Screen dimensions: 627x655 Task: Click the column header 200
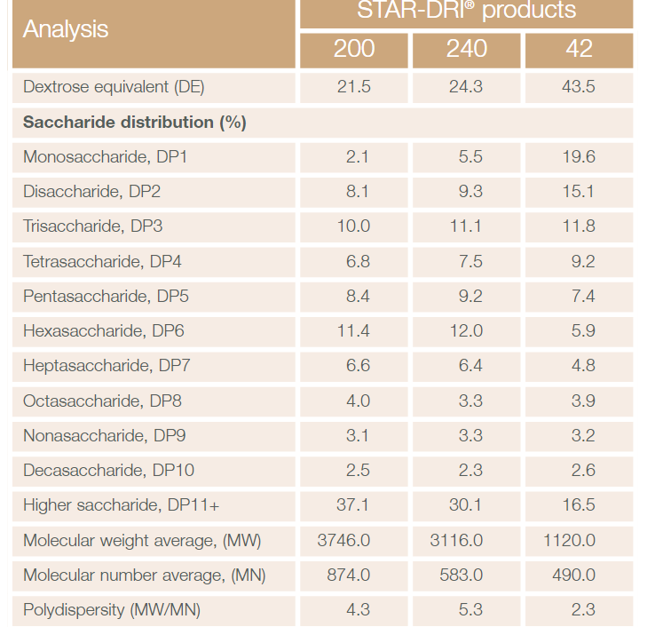353,49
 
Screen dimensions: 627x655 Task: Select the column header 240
466,49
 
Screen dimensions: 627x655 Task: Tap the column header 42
579,49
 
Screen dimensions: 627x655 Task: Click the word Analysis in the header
66,29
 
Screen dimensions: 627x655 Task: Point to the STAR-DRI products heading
466,12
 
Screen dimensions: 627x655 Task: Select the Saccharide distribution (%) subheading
135,122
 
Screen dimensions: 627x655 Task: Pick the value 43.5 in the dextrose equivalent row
579,87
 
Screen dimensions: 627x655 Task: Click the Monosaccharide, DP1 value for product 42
579,157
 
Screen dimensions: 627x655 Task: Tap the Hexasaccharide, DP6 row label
104,331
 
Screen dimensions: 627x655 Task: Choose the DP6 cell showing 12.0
466,331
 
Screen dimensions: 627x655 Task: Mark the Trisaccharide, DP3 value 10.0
353,226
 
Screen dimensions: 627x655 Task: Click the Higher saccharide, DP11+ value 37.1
353,505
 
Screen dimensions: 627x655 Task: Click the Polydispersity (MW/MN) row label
112,610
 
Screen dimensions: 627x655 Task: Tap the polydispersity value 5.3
466,610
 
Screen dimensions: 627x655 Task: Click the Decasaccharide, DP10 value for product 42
579,471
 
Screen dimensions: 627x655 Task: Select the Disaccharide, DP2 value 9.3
466,192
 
